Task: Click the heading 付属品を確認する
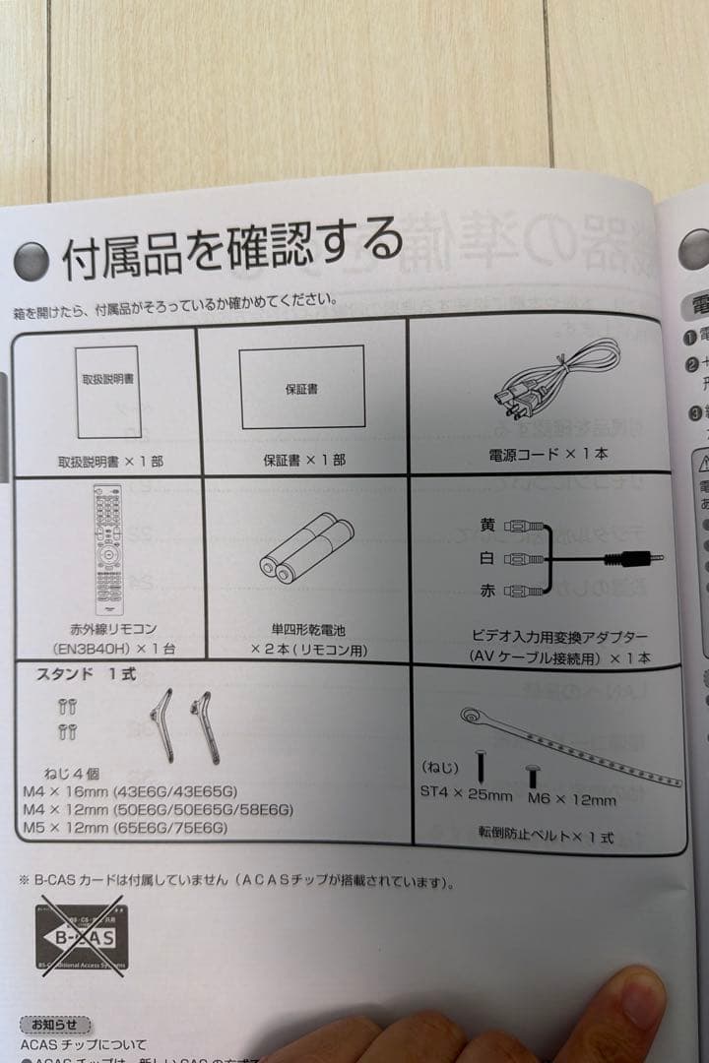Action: pos(232,247)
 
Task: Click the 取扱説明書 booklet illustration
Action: pos(108,391)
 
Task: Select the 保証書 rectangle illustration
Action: pos(302,387)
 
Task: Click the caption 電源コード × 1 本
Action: pos(548,456)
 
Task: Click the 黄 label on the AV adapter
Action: pos(487,526)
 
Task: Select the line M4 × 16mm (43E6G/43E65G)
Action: pos(130,791)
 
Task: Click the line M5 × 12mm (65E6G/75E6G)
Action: pos(124,828)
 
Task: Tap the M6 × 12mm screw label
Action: pos(571,799)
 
